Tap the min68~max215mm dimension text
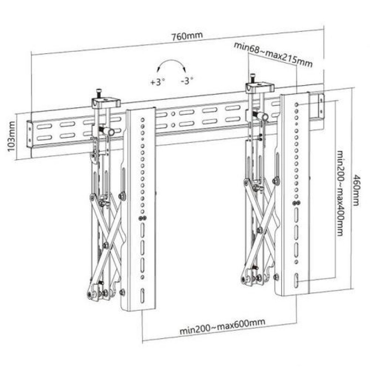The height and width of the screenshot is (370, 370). pos(273,53)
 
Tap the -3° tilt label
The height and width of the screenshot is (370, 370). pos(187,81)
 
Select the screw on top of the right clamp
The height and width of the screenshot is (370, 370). pos(253,77)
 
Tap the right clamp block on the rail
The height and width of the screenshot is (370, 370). pos(261,86)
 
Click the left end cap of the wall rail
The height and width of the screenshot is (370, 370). pos(29,136)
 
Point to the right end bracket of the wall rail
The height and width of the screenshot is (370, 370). pos(320,106)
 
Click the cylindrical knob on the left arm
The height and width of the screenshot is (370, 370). pos(109,131)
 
